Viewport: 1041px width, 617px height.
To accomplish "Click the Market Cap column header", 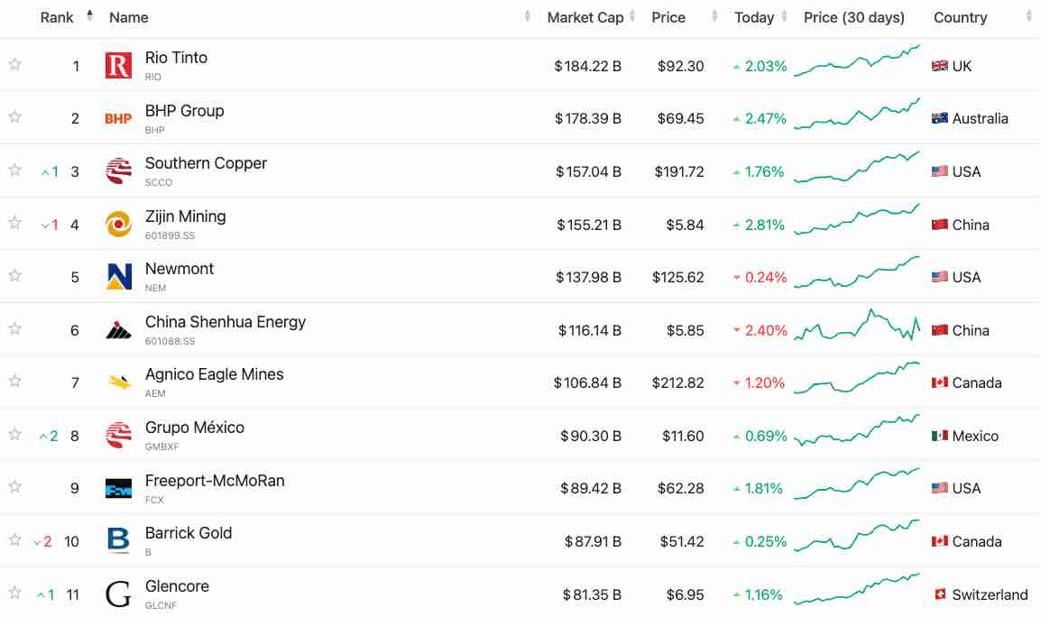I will [x=585, y=17].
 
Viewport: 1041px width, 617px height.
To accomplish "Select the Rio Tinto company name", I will [x=176, y=58].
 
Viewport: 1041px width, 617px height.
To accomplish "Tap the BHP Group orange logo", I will [x=118, y=118].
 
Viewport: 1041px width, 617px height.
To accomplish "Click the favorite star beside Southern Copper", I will [x=14, y=170].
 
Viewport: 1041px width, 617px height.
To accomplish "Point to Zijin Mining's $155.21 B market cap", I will [x=588, y=225].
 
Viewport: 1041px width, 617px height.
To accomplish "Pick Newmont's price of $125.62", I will [x=677, y=277].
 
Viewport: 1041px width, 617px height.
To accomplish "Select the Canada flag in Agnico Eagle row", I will [x=940, y=382].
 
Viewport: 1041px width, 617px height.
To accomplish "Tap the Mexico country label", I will [x=975, y=436].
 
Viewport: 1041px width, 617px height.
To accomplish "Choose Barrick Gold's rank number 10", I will [x=71, y=541].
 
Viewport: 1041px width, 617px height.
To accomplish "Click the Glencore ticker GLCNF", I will [x=161, y=605].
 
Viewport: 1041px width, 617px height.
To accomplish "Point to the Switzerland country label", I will [x=990, y=594].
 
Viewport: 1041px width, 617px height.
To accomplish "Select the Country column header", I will [x=960, y=17].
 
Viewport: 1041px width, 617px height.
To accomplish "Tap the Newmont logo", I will [x=118, y=277].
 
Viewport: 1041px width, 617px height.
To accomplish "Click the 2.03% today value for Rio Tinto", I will [x=765, y=66].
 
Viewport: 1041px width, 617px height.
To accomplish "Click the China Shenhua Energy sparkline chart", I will [x=857, y=327].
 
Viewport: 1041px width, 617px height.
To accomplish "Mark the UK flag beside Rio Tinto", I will [x=940, y=66].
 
